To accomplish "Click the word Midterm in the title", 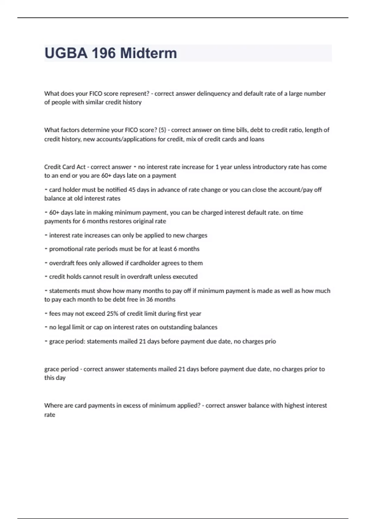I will click(149, 53).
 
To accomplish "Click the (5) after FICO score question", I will click(162, 130).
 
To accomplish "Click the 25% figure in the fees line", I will click(113, 314).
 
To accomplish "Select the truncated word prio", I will click(271, 341).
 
